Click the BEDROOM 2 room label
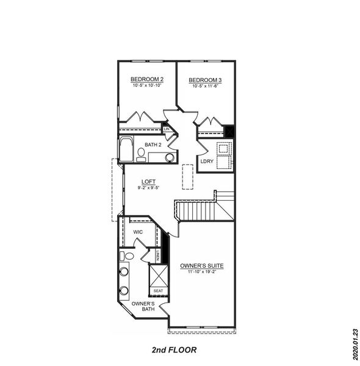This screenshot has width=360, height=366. pos(147,79)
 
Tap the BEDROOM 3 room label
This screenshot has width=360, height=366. pos(204,80)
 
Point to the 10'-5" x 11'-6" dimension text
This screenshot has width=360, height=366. pos(204,86)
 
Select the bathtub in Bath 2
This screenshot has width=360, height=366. pos(126,150)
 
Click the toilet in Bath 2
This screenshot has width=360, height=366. pos(141,152)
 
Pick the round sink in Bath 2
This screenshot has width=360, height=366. pos(169,157)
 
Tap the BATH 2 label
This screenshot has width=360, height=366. pos(153,145)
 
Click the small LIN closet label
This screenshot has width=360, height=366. pos(166,129)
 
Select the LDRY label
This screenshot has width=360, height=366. pos(206,161)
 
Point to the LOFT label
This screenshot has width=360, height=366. pos(148,182)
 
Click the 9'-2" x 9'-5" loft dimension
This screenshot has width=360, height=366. pos(148,188)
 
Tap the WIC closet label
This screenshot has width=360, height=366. pos(138,232)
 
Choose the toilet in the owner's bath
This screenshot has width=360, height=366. pos(127,256)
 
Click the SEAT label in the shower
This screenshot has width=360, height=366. pos(158,290)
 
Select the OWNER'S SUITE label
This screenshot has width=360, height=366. pos(201,266)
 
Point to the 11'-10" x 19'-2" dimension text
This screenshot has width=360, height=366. pos(201,273)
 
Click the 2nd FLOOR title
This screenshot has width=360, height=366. pos(175,350)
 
